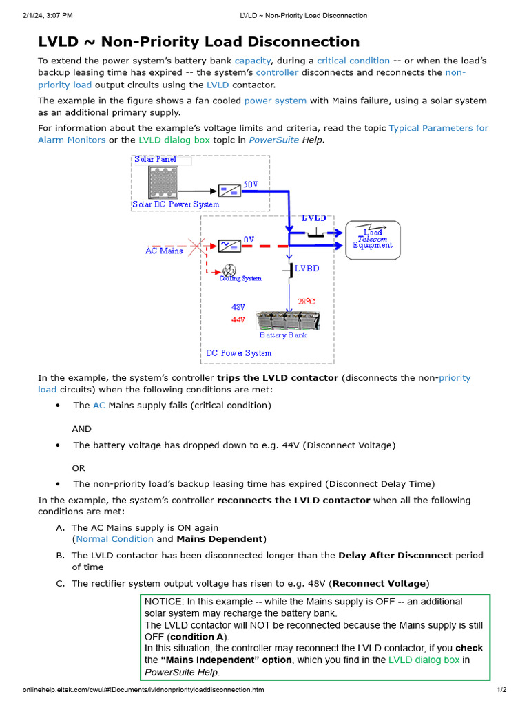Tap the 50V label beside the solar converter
tap(251, 185)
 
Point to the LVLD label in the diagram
tap(314, 218)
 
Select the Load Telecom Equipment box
tap(373, 240)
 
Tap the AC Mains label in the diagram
tap(164, 251)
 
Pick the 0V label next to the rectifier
tap(249, 240)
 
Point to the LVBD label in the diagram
tap(307, 269)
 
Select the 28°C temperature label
tap(307, 301)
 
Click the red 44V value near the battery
tap(238, 320)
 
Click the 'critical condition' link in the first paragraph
tap(353, 61)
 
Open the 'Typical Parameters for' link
tap(438, 128)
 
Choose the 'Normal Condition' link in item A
tap(114, 539)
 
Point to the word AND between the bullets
tap(81, 429)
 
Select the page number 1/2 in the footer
tap(501, 690)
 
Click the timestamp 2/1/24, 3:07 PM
tap(48, 15)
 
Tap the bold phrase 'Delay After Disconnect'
tap(395, 556)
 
